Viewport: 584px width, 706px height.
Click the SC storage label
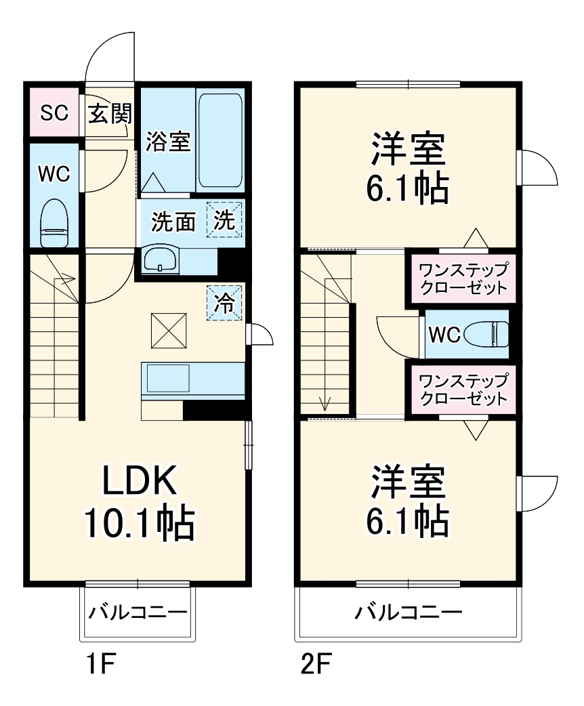54,112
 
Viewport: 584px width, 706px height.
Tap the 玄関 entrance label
108,113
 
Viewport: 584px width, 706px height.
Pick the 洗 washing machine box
224,220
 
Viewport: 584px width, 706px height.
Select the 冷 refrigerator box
224,303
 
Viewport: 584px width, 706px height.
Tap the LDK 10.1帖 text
139,502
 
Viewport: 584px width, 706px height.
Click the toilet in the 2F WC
490,333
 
